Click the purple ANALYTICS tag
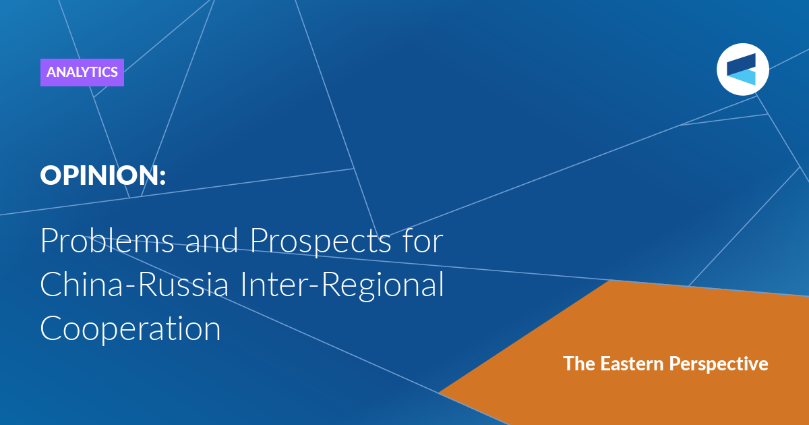click(82, 72)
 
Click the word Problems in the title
click(107, 240)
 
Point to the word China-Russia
click(134, 284)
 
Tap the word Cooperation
click(130, 328)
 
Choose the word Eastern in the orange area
click(632, 364)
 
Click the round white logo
click(743, 69)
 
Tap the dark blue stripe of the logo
click(742, 64)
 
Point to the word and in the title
click(212, 240)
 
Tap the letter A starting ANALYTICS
click(52, 72)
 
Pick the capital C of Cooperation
click(51, 328)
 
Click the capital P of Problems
click(49, 240)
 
